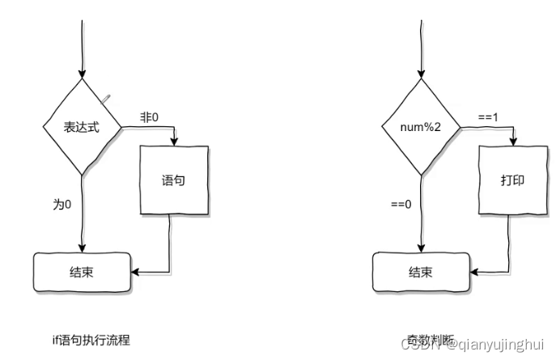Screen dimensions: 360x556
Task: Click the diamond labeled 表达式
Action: pos(82,127)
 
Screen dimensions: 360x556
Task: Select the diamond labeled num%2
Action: pos(421,127)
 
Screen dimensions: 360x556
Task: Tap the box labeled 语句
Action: pos(174,180)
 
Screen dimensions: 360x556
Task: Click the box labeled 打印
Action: pos(512,180)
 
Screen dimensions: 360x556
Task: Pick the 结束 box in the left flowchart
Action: pos(81,272)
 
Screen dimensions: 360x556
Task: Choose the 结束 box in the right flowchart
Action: pos(419,272)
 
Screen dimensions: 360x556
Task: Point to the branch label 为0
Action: pos(62,204)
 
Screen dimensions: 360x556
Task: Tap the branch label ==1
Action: pos(488,117)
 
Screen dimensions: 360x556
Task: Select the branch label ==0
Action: pos(400,204)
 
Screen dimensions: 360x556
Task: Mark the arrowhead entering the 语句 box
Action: pos(174,141)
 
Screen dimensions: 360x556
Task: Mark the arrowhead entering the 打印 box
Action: pos(512,141)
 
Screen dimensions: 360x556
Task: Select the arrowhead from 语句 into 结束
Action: pos(134,272)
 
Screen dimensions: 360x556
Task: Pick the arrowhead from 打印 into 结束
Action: pos(473,272)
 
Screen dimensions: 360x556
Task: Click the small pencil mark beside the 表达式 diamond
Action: pos(105,98)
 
